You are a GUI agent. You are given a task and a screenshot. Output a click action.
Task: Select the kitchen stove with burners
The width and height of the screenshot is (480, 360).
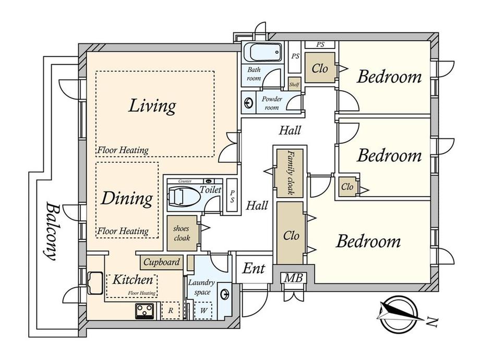coord(145,311)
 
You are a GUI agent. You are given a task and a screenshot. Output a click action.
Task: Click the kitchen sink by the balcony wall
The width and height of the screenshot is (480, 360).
coord(95,283)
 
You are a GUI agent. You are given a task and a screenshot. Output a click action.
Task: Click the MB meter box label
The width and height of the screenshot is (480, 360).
coord(294,278)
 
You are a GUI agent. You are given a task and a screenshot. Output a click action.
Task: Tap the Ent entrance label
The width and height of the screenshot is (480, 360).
coord(254,269)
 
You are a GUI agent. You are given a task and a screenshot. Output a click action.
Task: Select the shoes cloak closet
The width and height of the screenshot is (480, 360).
coord(182,233)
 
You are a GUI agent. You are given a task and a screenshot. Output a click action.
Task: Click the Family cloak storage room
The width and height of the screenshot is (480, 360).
coord(290,173)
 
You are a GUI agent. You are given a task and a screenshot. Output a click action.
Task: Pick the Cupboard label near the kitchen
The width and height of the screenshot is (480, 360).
coord(161,262)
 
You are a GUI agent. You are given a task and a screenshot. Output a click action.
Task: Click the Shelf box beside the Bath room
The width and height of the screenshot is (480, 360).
coord(294,84)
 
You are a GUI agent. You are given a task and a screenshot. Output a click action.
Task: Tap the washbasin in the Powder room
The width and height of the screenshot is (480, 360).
coord(248,103)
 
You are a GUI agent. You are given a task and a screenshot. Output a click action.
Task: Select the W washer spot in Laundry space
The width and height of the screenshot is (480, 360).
coord(203,310)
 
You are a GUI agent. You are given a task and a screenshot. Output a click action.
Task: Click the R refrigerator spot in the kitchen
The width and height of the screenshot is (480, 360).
coord(171,310)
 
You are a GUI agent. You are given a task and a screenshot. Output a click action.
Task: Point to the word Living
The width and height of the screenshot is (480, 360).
coord(152,106)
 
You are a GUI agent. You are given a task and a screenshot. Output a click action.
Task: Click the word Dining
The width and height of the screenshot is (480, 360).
coord(127,198)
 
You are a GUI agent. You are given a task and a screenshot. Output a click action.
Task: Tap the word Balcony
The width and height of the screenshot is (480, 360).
coord(51,231)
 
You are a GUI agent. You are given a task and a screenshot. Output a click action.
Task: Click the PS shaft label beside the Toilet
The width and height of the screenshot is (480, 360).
coord(232,197)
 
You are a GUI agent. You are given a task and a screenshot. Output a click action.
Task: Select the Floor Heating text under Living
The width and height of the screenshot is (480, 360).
coord(123,150)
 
